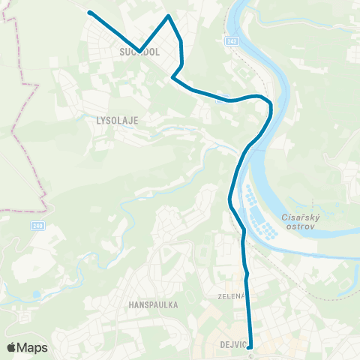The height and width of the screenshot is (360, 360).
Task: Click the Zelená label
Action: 232,295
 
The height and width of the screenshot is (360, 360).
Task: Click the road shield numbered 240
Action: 37,225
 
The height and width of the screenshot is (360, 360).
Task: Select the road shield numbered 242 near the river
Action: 232,41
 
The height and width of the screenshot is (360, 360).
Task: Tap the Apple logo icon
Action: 11,347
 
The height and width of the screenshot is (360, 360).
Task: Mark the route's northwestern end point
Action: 90,13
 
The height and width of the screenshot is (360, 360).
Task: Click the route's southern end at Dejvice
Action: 250,346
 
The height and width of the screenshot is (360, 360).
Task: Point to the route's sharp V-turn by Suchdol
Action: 139,51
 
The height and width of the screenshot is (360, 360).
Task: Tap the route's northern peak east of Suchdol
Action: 169,16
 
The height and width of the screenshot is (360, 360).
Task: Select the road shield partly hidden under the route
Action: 221,97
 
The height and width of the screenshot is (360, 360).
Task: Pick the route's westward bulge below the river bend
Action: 229,199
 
